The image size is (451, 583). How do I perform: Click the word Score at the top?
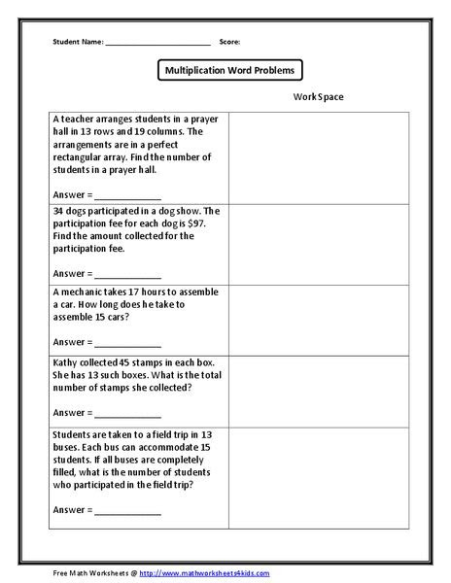pos(229,43)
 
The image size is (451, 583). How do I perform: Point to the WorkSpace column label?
pos(317,97)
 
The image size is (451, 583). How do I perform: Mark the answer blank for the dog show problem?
pos(128,274)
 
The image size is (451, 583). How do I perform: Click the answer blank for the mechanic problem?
pos(128,342)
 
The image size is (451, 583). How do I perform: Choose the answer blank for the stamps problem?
pos(128,411)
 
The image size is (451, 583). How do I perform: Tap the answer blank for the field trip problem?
pos(128,510)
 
